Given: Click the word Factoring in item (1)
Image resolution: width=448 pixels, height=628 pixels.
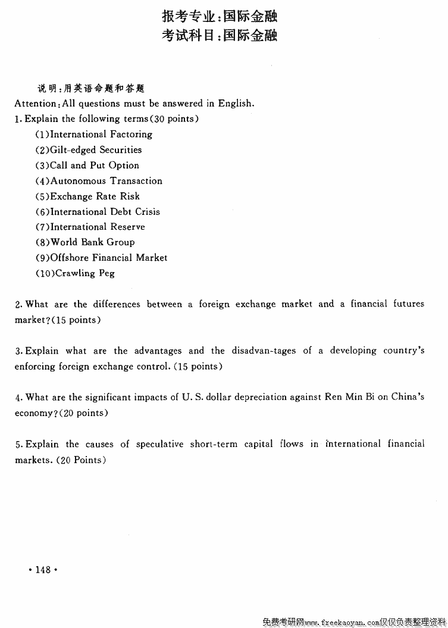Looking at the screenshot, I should coord(131,135).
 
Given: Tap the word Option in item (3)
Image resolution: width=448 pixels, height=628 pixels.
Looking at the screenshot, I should coord(124,165).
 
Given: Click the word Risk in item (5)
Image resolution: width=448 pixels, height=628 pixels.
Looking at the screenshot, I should coord(130,196).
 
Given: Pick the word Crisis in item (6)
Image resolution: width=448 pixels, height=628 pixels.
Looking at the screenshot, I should coord(148,212).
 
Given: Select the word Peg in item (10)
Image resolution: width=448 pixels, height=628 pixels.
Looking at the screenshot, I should coord(106,273).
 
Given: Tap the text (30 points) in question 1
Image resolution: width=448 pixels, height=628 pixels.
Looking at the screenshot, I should coord(176,118).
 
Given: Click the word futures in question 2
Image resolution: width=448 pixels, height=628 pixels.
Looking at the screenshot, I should coord(409,304).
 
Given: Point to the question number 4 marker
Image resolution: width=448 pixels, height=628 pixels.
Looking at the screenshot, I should coord(18,397).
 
